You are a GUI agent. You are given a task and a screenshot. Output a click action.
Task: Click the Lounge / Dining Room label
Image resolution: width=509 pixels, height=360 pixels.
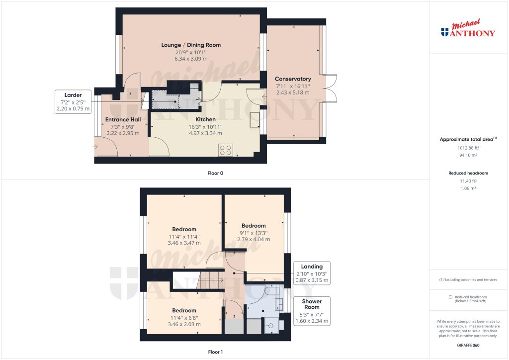[x=191, y=45]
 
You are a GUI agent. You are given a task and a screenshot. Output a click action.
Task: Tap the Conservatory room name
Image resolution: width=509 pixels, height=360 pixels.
[x=293, y=79]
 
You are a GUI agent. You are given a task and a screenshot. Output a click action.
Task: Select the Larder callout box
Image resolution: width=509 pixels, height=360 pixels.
[x=73, y=102]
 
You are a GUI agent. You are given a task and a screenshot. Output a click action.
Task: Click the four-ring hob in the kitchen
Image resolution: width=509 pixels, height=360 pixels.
[x=226, y=150]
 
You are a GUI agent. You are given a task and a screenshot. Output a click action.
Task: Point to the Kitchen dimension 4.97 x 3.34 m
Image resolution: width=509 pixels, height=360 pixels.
[x=205, y=133]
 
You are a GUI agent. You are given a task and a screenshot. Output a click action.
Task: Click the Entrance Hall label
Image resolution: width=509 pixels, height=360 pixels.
[x=123, y=119]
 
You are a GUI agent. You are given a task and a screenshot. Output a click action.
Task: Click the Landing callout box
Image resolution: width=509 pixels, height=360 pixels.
[x=312, y=273]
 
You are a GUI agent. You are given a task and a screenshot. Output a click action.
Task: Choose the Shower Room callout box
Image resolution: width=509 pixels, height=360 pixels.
[x=312, y=311]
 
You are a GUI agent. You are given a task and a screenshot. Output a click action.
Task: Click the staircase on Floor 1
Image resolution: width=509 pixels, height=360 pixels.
[x=209, y=280]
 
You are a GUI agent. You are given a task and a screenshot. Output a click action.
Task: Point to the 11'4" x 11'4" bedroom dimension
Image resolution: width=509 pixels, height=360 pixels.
[x=184, y=237]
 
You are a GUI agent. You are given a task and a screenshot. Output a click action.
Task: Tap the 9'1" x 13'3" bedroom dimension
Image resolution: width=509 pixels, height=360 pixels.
[x=254, y=232]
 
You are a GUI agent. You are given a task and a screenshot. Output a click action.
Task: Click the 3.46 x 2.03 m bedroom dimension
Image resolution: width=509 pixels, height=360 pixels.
[x=184, y=324]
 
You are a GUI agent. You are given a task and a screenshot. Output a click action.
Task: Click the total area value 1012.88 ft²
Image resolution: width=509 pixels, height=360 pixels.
[x=468, y=148]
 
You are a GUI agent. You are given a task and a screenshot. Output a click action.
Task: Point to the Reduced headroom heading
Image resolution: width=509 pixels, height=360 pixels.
[x=468, y=173]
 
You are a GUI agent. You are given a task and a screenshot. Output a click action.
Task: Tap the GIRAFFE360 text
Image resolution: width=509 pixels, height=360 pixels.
[x=468, y=345]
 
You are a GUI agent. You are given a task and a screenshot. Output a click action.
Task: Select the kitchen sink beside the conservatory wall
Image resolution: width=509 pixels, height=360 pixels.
[x=254, y=120]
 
